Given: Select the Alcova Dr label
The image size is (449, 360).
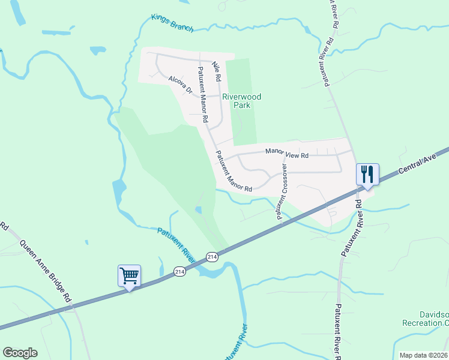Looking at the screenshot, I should [180, 85].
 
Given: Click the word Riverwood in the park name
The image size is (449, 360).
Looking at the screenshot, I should [242, 96].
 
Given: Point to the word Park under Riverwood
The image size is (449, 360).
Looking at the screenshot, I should [242, 105].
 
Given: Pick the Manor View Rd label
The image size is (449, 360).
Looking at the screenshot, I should [287, 154].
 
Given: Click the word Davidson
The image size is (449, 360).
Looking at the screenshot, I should [433, 314].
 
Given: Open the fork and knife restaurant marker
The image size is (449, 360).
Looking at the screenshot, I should [366, 175].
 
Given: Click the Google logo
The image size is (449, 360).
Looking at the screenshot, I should [20, 353].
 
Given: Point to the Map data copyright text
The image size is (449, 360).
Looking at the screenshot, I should [423, 355].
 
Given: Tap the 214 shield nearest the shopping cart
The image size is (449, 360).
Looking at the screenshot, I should [180, 272].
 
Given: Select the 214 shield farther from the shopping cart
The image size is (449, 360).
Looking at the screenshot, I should [212, 256].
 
